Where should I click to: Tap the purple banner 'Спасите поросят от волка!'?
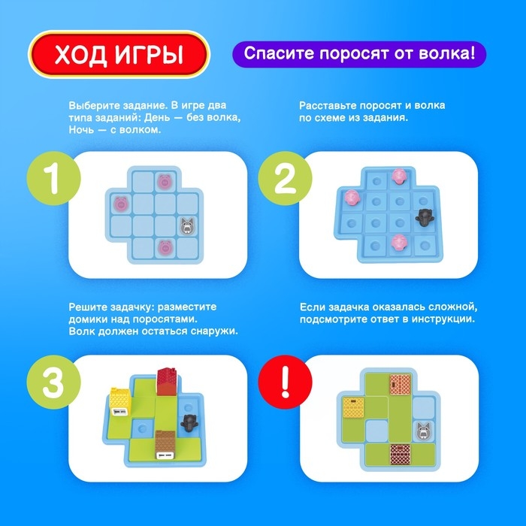[x=358, y=55]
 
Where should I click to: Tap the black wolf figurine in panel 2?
[x=425, y=218]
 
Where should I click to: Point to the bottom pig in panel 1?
[x=165, y=246]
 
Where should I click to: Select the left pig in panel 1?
[x=120, y=202]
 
